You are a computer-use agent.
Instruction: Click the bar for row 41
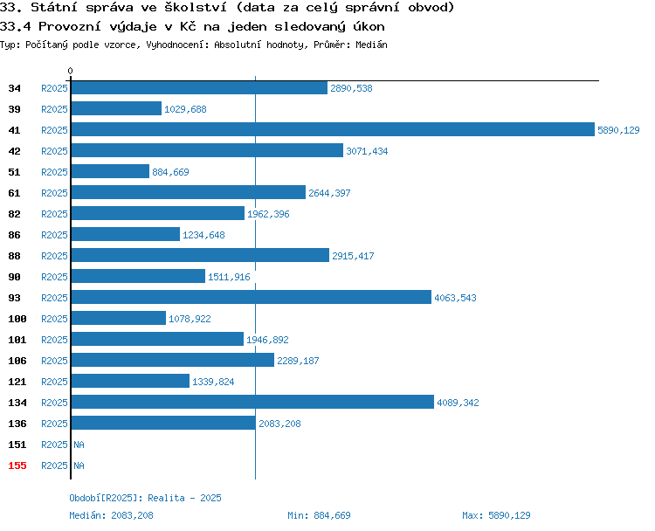point(333,129)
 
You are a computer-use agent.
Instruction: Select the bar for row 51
point(110,171)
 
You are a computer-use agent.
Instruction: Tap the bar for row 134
point(252,402)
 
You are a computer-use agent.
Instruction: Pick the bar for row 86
point(126,234)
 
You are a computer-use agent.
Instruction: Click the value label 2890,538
point(351,88)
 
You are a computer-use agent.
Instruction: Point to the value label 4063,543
point(455,298)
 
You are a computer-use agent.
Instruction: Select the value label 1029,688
point(185,109)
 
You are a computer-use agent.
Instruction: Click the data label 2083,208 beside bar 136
point(279,424)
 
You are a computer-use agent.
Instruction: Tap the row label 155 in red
point(17,465)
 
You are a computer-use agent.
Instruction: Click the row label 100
point(17,319)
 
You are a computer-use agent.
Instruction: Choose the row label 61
point(14,193)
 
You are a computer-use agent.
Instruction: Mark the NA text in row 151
point(79,445)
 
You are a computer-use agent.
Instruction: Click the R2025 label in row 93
point(54,298)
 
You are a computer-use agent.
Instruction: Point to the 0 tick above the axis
point(70,71)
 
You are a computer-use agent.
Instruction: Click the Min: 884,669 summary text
point(319,515)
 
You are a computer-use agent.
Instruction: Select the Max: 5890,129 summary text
point(496,515)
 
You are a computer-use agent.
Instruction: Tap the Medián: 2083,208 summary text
point(111,515)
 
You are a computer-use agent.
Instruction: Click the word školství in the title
point(196,7)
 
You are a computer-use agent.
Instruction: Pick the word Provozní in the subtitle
point(70,27)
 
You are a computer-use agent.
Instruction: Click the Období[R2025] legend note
point(145,498)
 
